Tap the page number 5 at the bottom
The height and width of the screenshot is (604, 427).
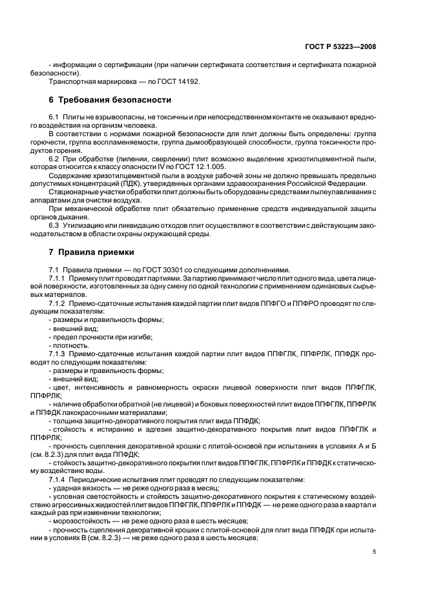tap(374, 552)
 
